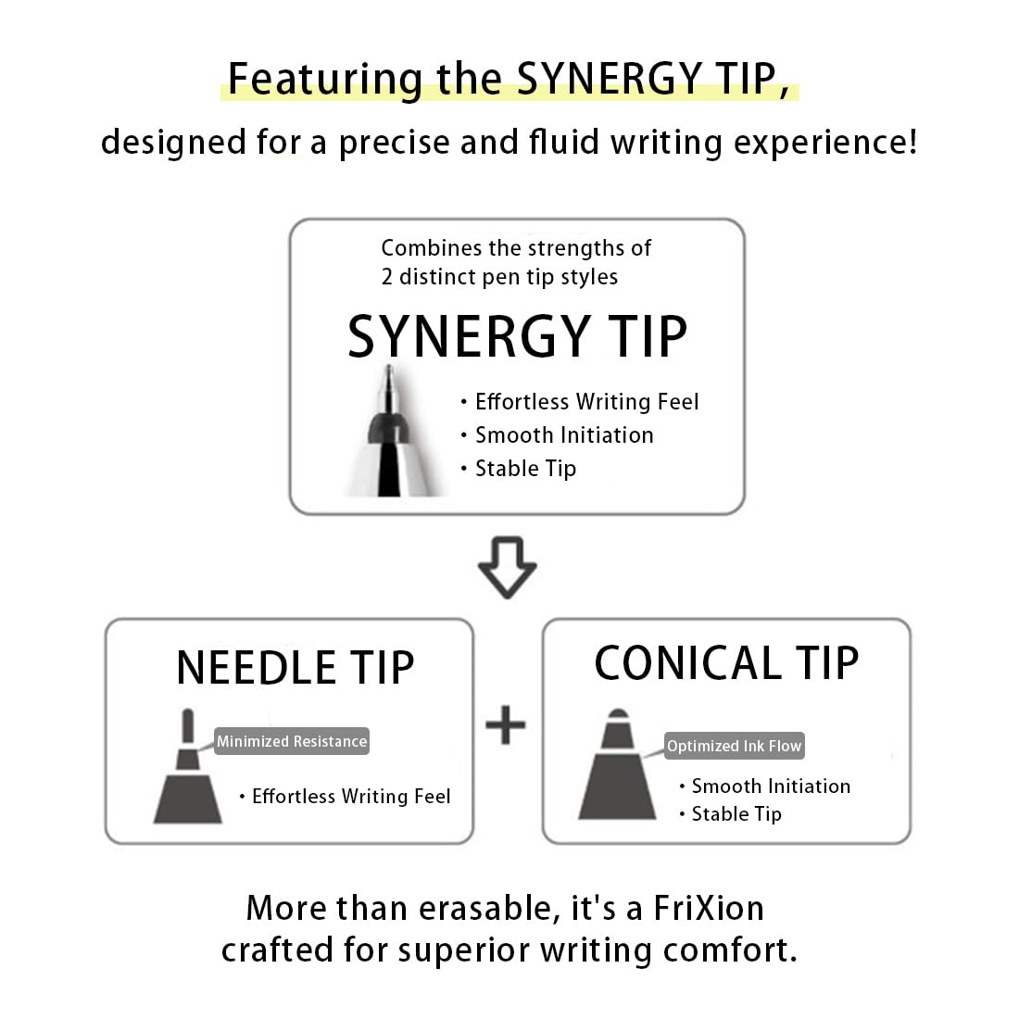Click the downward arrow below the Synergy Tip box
tap(507, 566)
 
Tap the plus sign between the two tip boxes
tap(506, 724)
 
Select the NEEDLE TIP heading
tap(295, 668)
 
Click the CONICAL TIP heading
tap(726, 663)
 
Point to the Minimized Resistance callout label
tap(292, 741)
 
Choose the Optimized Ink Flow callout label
tap(734, 746)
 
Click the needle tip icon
tap(188, 769)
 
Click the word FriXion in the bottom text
tap(709, 908)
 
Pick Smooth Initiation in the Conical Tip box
tap(771, 786)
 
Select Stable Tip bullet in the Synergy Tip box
tap(525, 469)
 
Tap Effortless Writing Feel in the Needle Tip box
tap(351, 797)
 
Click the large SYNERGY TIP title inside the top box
tap(517, 336)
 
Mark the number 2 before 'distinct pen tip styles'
tap(387, 277)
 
